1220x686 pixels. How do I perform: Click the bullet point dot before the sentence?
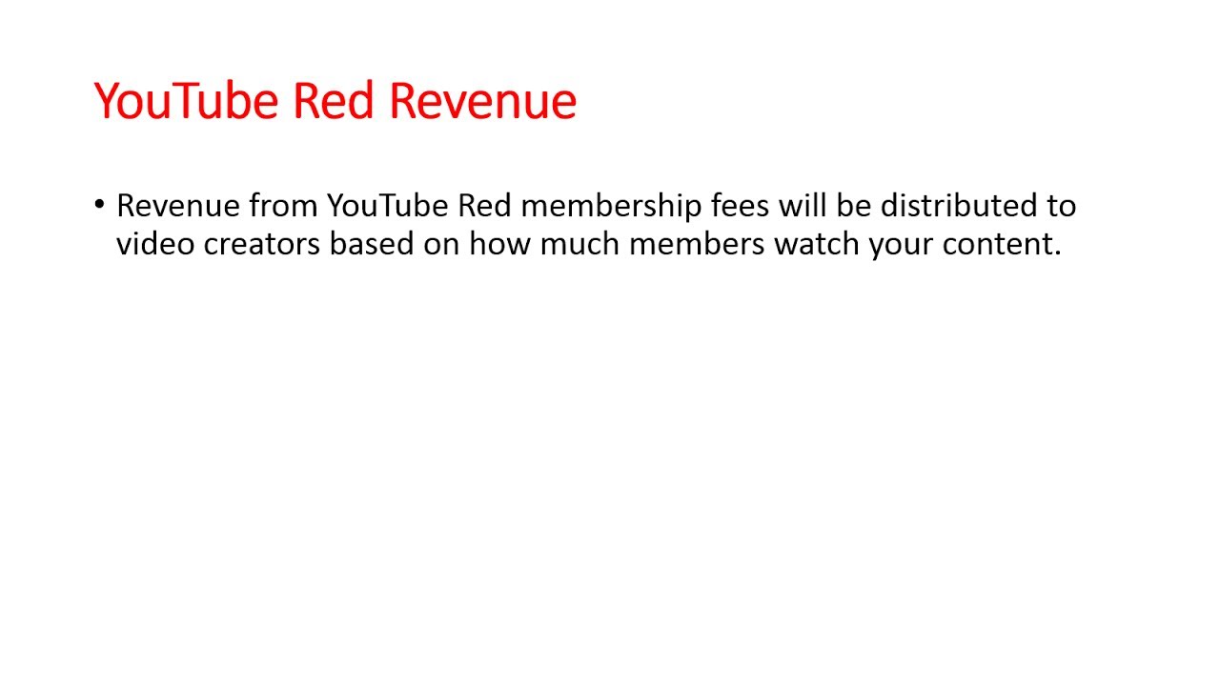(x=100, y=205)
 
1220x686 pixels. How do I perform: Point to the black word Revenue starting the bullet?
(x=177, y=206)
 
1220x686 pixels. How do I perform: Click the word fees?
(x=740, y=206)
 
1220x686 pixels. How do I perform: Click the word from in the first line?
(x=283, y=206)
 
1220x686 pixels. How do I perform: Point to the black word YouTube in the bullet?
(x=388, y=206)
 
